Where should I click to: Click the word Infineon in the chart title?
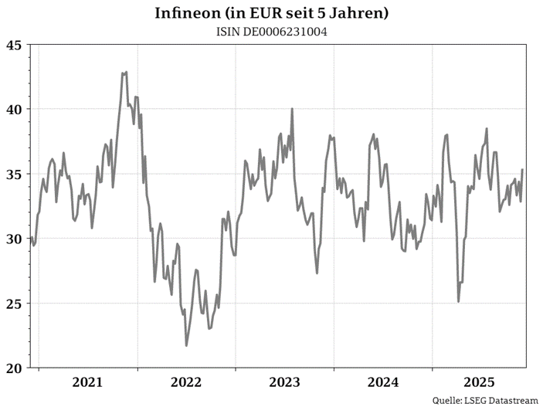[183, 13]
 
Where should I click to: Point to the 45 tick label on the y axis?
[13, 45]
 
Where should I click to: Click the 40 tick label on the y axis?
[13, 109]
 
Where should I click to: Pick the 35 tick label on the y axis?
[13, 174]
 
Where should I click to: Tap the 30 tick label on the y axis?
[13, 239]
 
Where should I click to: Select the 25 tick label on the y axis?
[13, 303]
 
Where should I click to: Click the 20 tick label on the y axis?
[13, 368]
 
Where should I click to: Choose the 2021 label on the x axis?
[87, 382]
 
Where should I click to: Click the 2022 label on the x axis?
[186, 382]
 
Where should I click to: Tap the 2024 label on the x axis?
[383, 382]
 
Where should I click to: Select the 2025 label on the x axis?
[480, 382]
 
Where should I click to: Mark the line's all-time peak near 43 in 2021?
[124, 73]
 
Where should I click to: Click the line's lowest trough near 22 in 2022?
[186, 345]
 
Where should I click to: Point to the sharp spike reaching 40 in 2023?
[292, 109]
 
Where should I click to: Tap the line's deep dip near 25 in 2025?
[459, 301]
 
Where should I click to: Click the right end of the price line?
[523, 170]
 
